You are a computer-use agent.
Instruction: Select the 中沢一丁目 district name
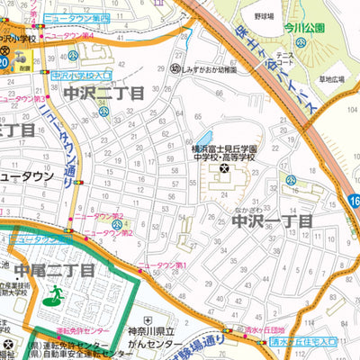(272, 220)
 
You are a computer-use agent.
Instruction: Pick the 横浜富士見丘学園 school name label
(224, 148)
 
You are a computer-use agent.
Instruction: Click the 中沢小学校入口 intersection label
(82, 77)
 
